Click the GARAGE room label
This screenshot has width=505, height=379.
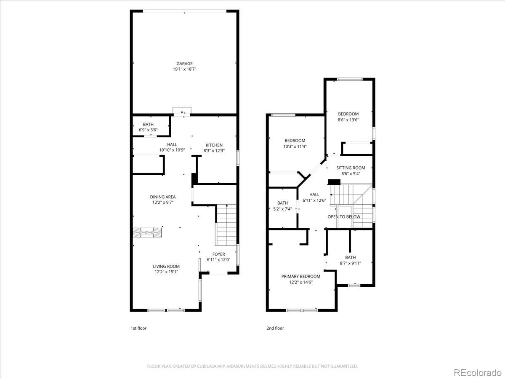coord(184,64)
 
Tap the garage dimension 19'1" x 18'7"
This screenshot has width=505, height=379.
coord(184,69)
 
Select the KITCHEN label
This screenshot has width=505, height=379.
coord(214,145)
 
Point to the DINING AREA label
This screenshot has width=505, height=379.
coord(163,197)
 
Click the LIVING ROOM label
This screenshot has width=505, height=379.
coord(166,266)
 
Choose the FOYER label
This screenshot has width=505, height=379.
coord(218,254)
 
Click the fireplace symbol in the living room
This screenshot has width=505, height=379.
coord(147,232)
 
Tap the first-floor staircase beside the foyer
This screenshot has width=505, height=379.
coord(226,225)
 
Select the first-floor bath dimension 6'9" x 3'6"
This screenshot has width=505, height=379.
coord(148,130)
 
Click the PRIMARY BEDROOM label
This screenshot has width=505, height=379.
coord(301,276)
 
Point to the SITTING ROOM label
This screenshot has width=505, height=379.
coord(351,168)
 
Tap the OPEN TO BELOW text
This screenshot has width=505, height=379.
coord(344,216)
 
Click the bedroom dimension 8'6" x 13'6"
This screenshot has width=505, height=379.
coord(348,120)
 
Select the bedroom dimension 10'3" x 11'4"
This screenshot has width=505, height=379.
coord(295,147)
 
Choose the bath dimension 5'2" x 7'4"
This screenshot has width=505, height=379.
coord(282,209)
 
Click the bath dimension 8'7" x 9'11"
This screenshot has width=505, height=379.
coord(351,263)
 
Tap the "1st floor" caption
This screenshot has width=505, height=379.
coord(138,328)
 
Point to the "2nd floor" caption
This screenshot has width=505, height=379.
coord(275,328)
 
